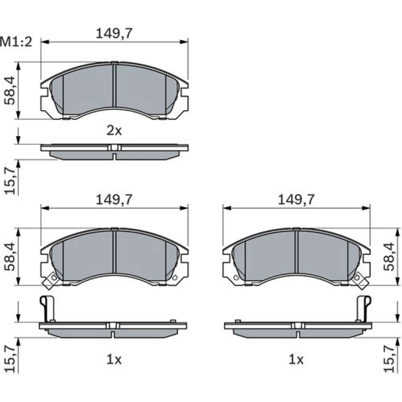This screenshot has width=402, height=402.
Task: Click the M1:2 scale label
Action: (x=16, y=42)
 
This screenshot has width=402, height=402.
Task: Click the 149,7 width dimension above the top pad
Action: (x=114, y=33)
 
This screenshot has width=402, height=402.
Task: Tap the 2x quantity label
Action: (x=114, y=131)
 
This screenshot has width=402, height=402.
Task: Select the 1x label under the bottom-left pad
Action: (x=114, y=360)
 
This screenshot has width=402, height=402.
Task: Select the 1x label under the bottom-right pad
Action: (x=296, y=360)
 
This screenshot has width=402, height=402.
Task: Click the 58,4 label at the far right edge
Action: (x=389, y=257)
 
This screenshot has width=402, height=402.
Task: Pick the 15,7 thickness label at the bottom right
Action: (x=389, y=359)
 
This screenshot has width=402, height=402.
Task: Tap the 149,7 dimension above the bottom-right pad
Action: (x=296, y=200)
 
